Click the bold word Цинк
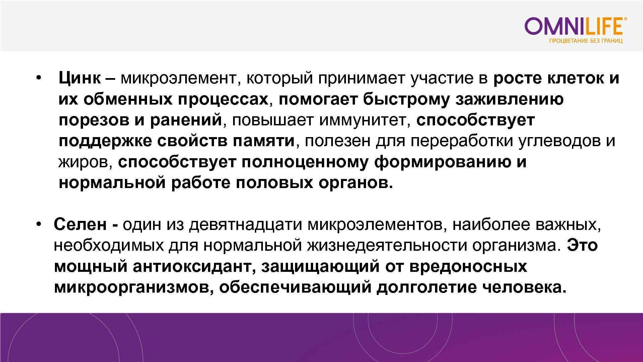79,78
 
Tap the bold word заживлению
509,100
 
